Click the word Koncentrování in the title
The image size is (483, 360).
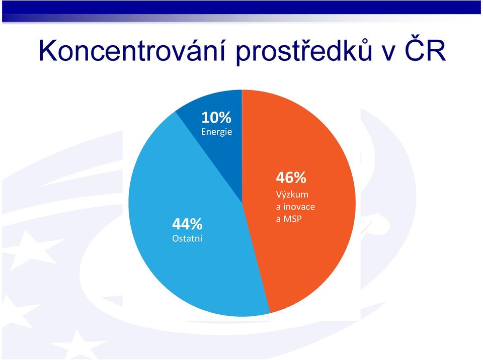131,50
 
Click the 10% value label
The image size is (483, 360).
216,117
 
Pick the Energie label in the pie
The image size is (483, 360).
216,132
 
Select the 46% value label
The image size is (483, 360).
291,177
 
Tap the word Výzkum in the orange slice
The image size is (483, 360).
292,195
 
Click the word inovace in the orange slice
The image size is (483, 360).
299,207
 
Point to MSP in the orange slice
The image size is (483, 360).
292,219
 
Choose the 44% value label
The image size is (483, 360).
187,224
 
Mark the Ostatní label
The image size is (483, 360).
187,238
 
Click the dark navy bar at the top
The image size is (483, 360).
242,7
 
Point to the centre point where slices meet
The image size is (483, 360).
242,203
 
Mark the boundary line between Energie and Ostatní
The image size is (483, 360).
208,157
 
